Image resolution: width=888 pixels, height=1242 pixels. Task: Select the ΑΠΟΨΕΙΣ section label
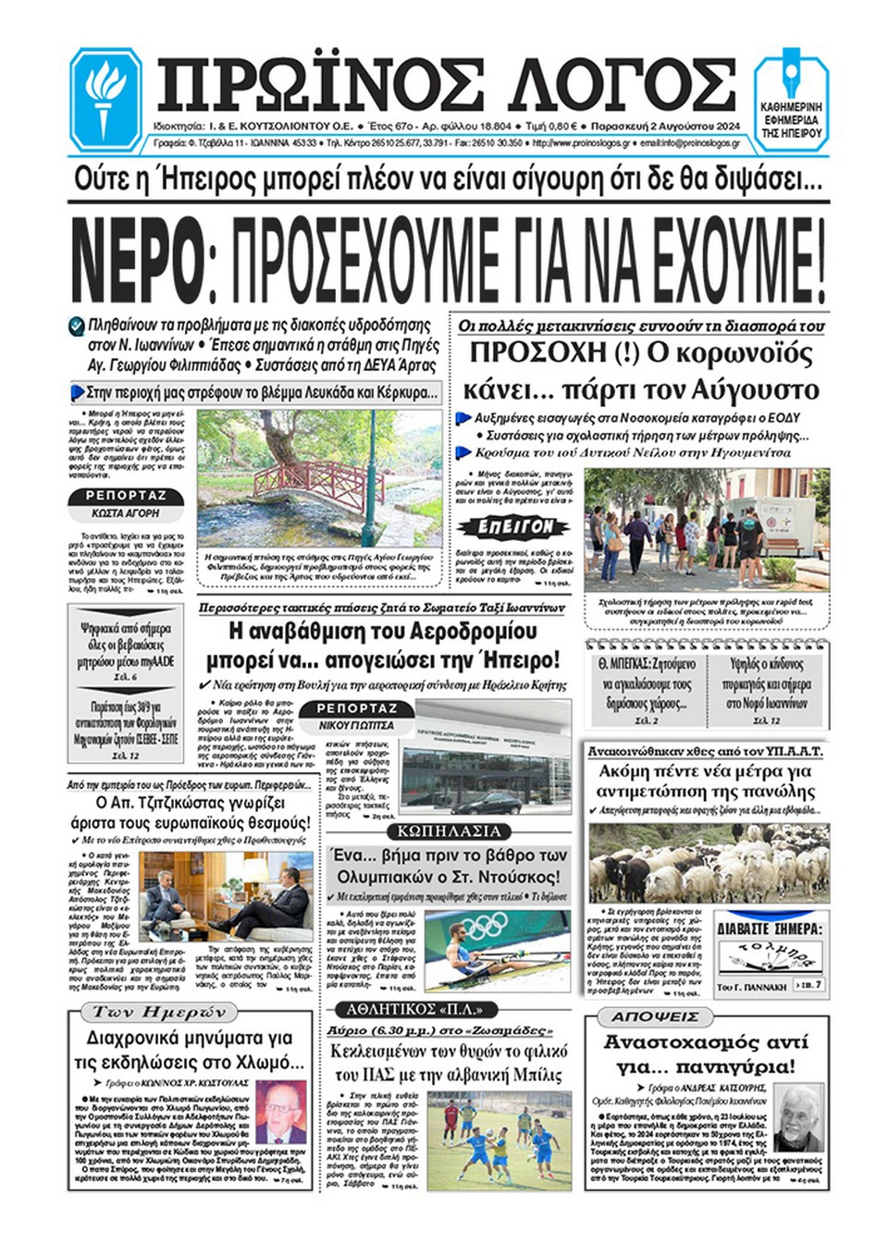pyautogui.click(x=654, y=1016)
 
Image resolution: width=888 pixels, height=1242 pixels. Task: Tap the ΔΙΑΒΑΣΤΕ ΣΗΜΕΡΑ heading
pyautogui.click(x=768, y=928)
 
